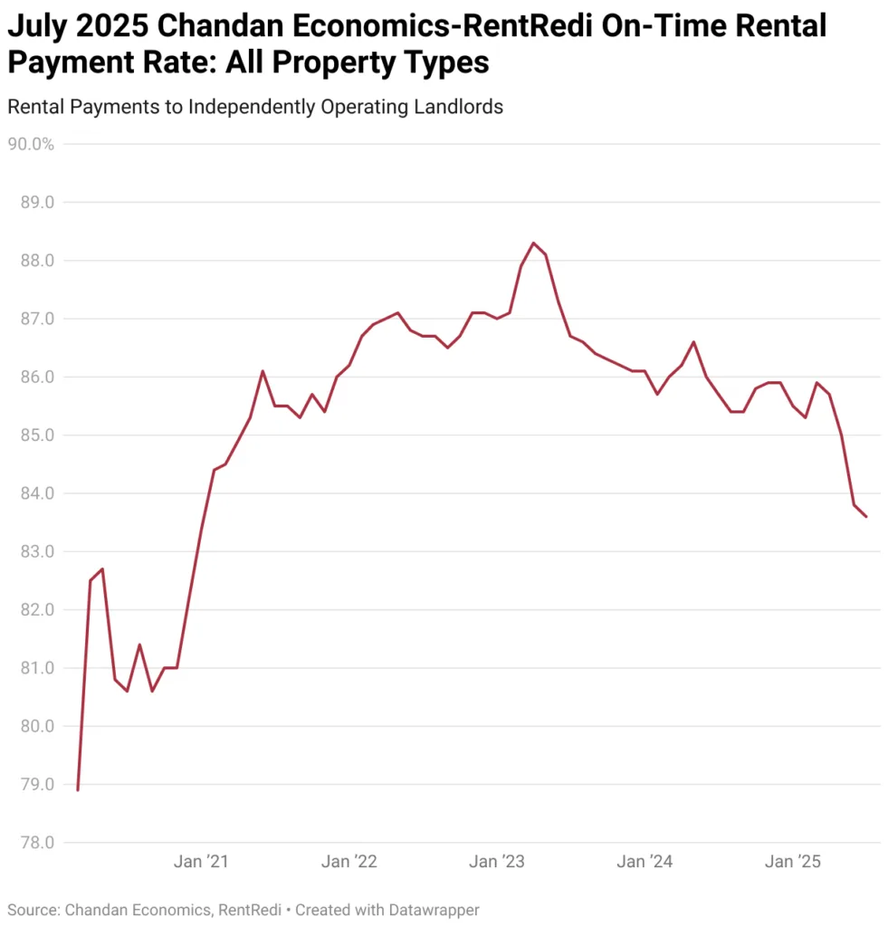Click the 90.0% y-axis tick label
pyautogui.click(x=31, y=144)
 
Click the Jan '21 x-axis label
pyautogui.click(x=201, y=862)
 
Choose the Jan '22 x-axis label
pyautogui.click(x=349, y=862)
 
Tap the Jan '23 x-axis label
pyautogui.click(x=496, y=862)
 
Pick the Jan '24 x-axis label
pyautogui.click(x=644, y=862)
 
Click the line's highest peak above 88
pyautogui.click(x=533, y=243)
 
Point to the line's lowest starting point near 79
pyautogui.click(x=78, y=790)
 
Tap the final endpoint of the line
pyautogui.click(x=866, y=517)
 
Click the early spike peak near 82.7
pyautogui.click(x=102, y=569)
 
